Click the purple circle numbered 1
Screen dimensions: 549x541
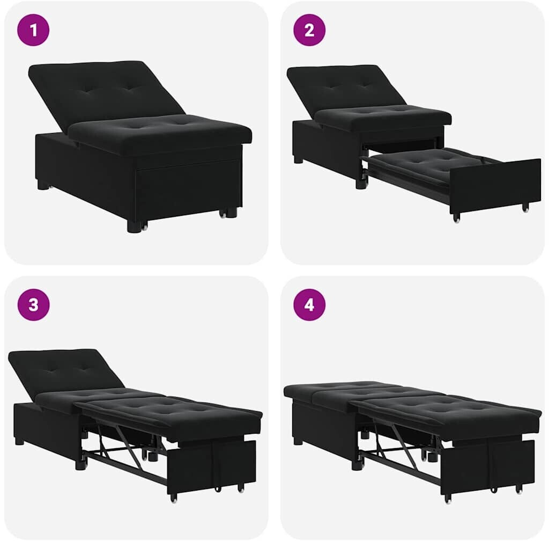[x=33, y=30]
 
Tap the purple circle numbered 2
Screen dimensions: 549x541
[x=309, y=30]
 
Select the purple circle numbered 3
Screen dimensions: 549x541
[x=33, y=304]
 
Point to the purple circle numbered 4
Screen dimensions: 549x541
[x=309, y=304]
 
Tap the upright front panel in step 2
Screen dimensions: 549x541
[x=495, y=186]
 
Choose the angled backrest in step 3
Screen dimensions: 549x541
[x=65, y=373]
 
